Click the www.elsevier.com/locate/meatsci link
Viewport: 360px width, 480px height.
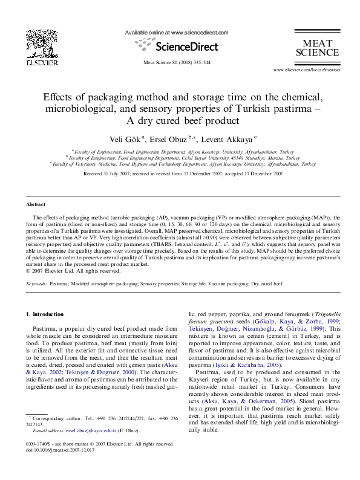[x=307, y=71]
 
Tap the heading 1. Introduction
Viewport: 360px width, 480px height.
[x=46, y=314]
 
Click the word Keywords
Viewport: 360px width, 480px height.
[x=37, y=283]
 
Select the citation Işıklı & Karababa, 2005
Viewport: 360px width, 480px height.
[x=241, y=366]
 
